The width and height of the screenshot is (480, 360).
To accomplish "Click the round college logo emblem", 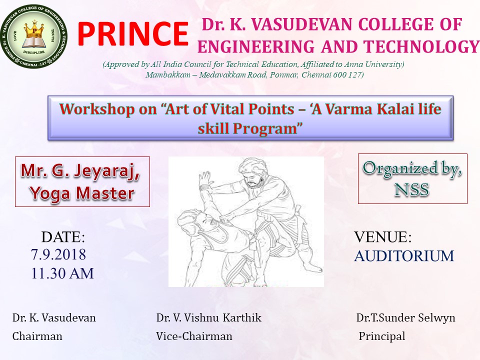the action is pos(33,36).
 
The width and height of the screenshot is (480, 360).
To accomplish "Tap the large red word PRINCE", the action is pos(132,34).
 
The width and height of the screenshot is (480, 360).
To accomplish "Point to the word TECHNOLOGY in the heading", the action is pos(421,47).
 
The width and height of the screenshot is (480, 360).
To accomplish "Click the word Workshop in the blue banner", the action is pos(97,109).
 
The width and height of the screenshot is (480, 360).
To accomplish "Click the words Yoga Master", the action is pos(82,193).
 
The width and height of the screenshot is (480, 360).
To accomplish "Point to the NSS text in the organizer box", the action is pos(411,189).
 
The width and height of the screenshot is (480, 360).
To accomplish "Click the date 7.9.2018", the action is pos(58,254).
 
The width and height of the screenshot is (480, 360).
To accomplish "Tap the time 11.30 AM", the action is pos(62,273).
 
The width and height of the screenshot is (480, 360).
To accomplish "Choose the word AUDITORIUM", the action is pos(404,256).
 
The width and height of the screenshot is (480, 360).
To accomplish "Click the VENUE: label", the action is pos(382,237).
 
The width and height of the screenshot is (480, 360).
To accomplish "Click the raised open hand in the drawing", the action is pos(204,179).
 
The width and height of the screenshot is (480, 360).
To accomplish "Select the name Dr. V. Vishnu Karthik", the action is pos(209,318).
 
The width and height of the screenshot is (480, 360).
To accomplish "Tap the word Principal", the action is pos(381,336).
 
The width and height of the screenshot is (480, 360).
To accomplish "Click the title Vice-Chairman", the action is pos(194,336).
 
